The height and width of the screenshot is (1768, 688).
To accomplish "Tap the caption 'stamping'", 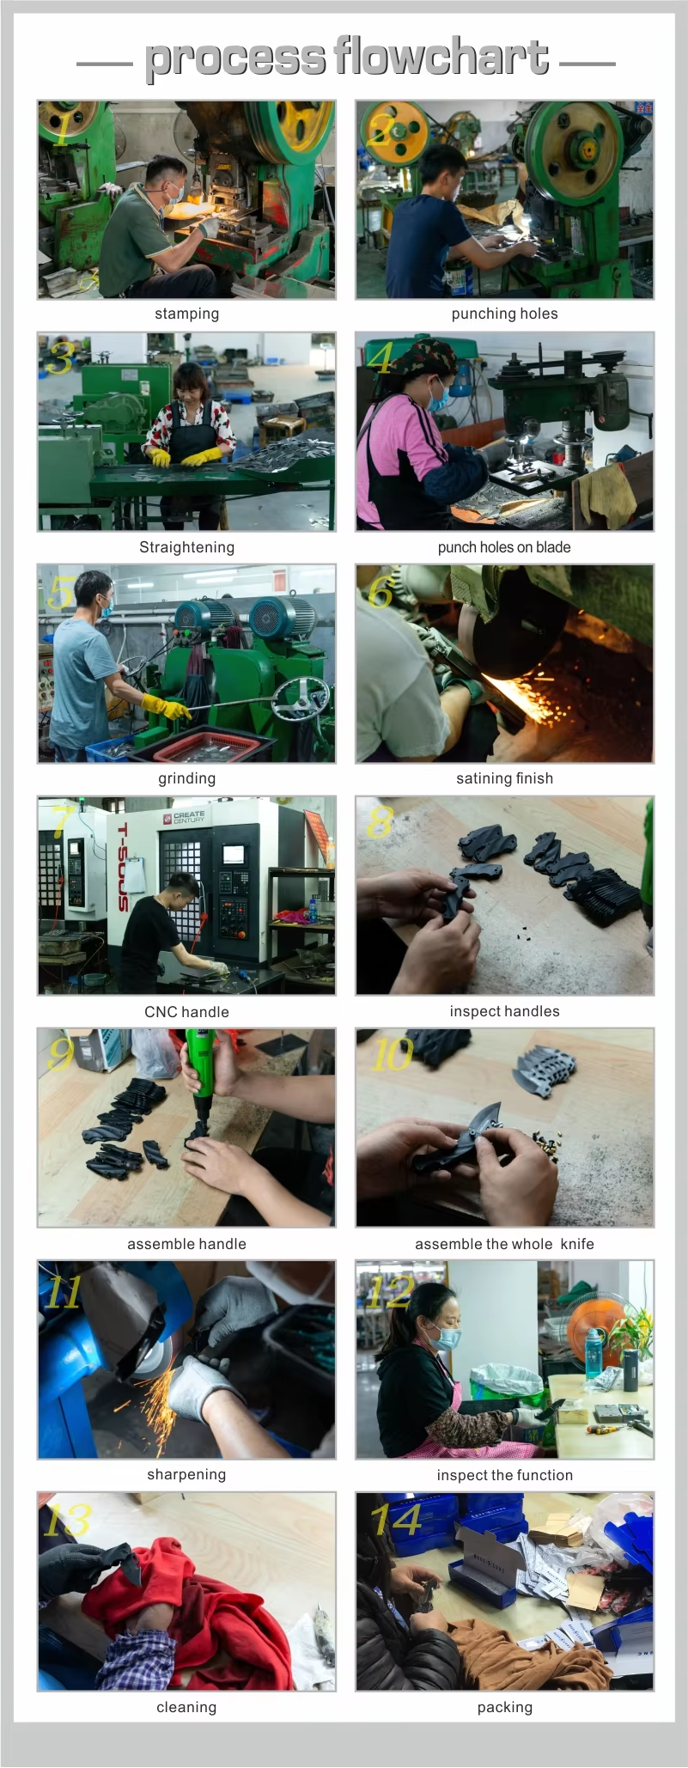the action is point(186,314).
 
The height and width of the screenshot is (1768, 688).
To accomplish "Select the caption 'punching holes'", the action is point(504,314).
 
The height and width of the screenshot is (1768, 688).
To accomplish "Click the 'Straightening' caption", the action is point(186,548).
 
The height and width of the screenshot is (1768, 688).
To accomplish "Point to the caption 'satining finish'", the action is point(504,779).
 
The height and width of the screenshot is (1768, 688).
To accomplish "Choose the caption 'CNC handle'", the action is point(186,1012).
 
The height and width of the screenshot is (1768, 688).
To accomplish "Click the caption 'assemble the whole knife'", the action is point(504,1244).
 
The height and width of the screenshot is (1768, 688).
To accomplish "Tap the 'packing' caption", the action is point(504,1708).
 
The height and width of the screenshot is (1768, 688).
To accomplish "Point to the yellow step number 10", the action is point(392,1054).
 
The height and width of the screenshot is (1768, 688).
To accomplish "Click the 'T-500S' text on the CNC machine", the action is point(123,868).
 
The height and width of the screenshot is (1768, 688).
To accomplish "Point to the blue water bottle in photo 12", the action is point(594,1354).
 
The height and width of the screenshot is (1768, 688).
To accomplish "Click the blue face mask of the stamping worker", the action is point(174,193).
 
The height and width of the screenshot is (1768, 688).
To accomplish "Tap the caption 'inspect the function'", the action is point(504,1476).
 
